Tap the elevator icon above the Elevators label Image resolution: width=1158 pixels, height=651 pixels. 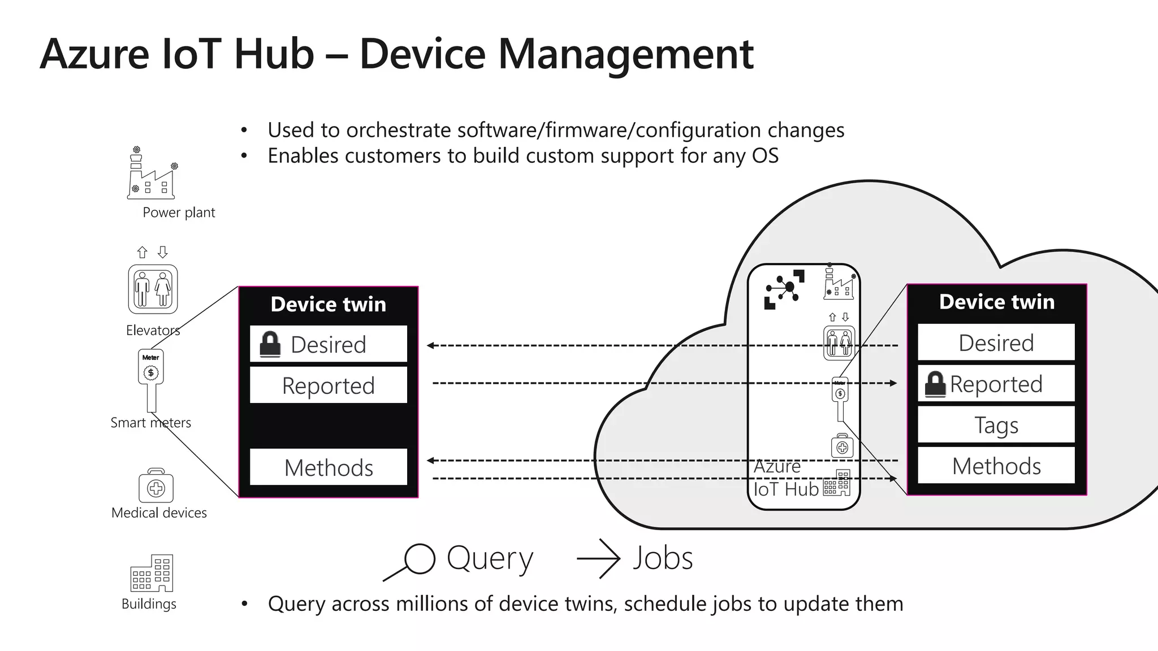(x=153, y=289)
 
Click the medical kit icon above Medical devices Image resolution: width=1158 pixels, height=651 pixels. (x=156, y=485)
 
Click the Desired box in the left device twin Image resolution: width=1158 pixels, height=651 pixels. (x=329, y=344)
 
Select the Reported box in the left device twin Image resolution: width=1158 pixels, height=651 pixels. (x=329, y=385)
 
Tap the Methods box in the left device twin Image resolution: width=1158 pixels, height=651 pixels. (x=329, y=467)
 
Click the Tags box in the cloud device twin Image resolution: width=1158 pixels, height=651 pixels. (x=996, y=425)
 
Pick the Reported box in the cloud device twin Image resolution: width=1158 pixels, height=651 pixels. (x=996, y=384)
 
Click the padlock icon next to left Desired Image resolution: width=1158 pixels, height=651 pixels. (x=270, y=344)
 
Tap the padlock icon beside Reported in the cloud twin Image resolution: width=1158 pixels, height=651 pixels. (x=935, y=384)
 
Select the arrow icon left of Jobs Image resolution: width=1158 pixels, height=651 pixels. (x=598, y=558)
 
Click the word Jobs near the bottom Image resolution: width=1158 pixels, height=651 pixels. (x=663, y=558)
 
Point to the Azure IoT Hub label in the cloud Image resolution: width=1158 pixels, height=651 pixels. (x=786, y=478)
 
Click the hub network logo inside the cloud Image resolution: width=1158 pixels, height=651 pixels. (x=784, y=289)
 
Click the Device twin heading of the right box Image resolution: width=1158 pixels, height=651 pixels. (x=996, y=302)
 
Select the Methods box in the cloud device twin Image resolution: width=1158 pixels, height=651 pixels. (x=996, y=466)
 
